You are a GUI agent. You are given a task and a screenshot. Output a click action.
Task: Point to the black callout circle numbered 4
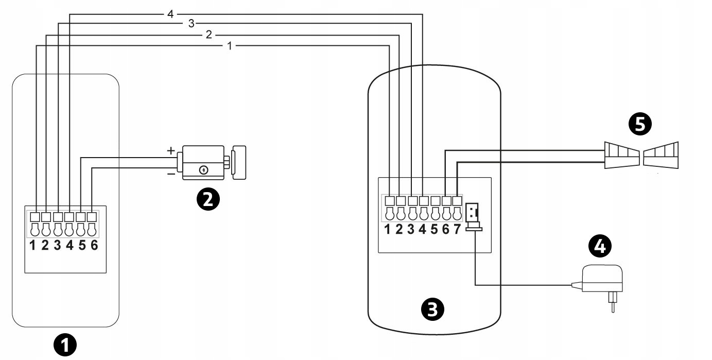coord(600,247)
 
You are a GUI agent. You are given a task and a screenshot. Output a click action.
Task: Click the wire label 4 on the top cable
coord(170,14)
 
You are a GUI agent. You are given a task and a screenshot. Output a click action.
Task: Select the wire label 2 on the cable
coord(208,35)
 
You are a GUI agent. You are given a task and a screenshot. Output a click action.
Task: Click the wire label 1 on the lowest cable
coord(230,46)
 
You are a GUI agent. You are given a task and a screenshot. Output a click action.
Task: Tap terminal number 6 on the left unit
coord(94,245)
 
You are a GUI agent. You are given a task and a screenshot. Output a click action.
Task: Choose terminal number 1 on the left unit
coord(32,245)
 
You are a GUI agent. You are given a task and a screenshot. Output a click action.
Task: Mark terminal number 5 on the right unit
coord(434,229)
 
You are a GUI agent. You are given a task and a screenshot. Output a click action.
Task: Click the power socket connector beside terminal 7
coord(473,216)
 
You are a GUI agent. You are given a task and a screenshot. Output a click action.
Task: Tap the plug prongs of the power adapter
coord(611,303)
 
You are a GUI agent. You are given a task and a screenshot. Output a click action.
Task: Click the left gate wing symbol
coord(621,156)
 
